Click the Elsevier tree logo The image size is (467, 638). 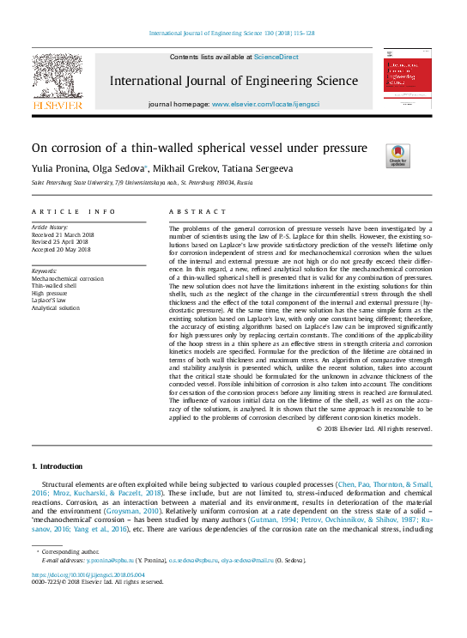pos(58,82)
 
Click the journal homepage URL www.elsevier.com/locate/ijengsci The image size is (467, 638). pos(271,103)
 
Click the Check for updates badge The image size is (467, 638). pos(397,155)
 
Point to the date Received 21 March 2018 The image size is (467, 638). pos(62,234)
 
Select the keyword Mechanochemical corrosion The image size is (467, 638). pos(67,279)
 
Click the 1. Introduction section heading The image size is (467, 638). pos(58,465)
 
